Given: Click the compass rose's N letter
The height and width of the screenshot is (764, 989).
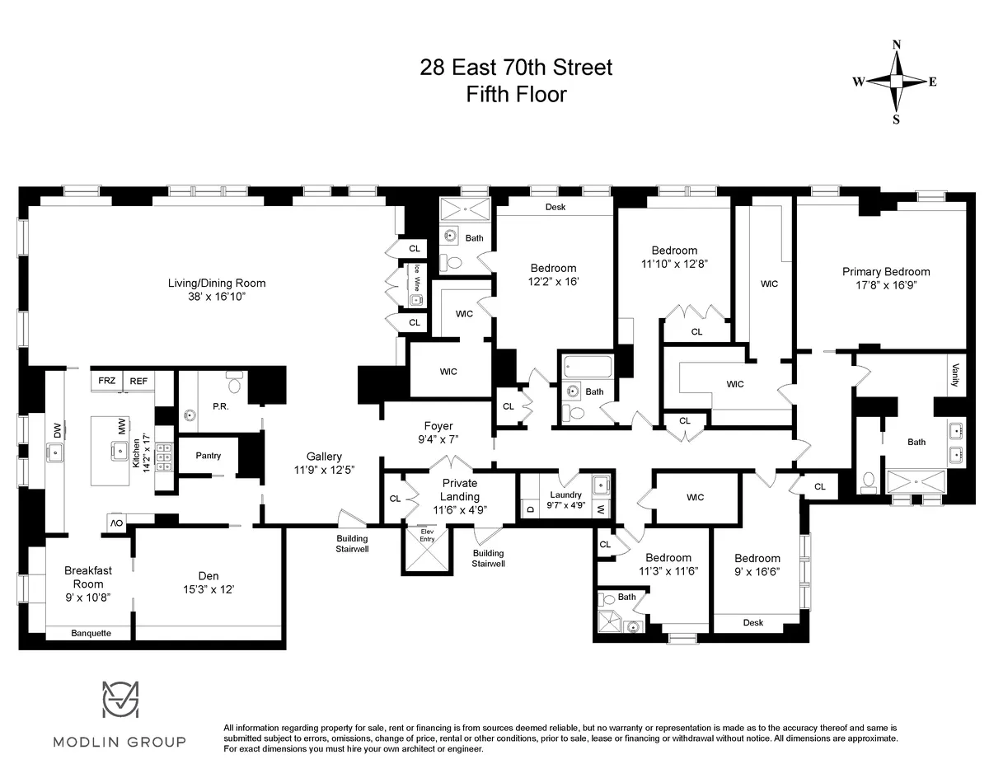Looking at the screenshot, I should pyautogui.click(x=897, y=45).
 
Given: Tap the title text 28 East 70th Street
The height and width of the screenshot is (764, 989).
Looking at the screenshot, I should pyautogui.click(x=516, y=68).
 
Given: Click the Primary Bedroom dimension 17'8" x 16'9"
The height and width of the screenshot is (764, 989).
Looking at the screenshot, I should pyautogui.click(x=886, y=287).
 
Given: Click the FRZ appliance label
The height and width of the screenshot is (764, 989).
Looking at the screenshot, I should pyautogui.click(x=107, y=381).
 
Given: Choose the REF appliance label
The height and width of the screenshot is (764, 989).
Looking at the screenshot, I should pyautogui.click(x=138, y=381).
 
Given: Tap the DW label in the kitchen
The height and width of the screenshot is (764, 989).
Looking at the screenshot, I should pyautogui.click(x=57, y=429).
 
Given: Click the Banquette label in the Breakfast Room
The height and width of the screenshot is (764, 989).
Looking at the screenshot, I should pyautogui.click(x=90, y=633).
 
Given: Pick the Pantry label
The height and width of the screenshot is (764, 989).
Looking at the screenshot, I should pyautogui.click(x=209, y=456).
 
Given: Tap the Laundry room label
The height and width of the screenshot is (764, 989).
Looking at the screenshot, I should pyautogui.click(x=567, y=494).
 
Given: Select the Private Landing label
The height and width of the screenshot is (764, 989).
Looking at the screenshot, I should pyautogui.click(x=460, y=490).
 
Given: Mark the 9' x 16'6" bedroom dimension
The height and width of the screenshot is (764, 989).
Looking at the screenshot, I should pyautogui.click(x=757, y=571).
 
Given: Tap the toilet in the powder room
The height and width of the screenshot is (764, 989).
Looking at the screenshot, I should pyautogui.click(x=235, y=383).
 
